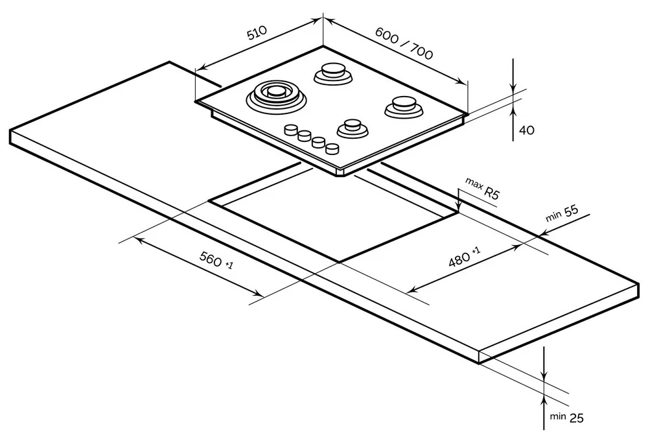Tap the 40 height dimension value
[x=526, y=130]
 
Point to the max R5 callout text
[x=483, y=191]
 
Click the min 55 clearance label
[x=561, y=215]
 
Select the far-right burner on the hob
[x=403, y=106]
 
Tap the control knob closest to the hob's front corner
[x=332, y=148]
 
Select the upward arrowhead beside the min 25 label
[x=544, y=403]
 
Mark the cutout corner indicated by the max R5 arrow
[x=458, y=211]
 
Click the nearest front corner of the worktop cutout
[x=339, y=261]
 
